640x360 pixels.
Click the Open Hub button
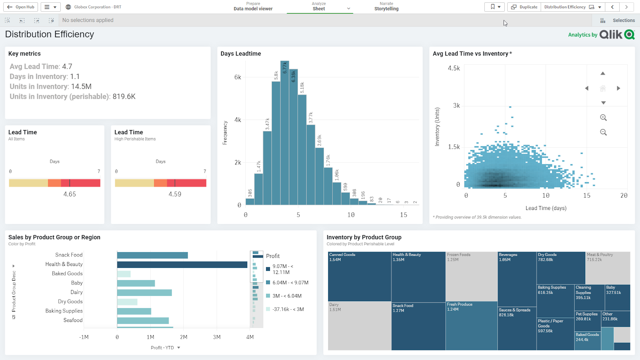tap(21, 7)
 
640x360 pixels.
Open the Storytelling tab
tap(386, 8)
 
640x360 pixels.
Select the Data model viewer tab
tap(253, 8)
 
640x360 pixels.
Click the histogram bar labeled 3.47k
tap(267, 168)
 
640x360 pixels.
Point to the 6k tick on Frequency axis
tap(238, 77)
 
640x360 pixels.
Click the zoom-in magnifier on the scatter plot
tap(603, 118)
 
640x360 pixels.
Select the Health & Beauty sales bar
tap(182, 264)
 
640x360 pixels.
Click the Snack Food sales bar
tap(152, 255)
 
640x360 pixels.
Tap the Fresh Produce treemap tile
tap(471, 326)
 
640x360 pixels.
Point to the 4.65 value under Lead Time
tap(70, 194)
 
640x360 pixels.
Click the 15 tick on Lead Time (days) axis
tap(586, 196)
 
